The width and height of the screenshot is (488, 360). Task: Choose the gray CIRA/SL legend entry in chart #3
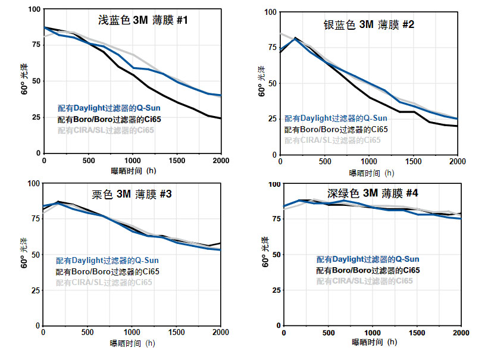click(104, 283)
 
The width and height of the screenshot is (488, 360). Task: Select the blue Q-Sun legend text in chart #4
click(367, 259)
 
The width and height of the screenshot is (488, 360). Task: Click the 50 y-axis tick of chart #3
click(35, 255)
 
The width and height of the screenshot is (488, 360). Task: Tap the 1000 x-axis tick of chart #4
click(373, 333)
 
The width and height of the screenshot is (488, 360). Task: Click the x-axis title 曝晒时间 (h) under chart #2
click(371, 173)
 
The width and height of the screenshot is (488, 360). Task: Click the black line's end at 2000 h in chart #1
click(221, 118)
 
